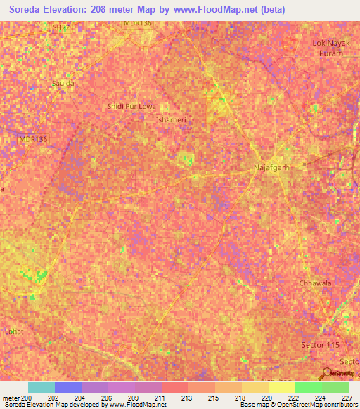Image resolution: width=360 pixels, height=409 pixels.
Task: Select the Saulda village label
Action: tap(63, 83)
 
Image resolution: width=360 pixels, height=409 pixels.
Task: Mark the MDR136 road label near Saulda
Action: tap(32, 140)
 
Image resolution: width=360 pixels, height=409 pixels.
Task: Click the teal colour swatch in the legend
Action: tap(41, 387)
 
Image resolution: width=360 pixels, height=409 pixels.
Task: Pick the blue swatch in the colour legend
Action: tap(68, 387)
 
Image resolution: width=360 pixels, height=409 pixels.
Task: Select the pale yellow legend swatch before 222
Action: tap(281, 387)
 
